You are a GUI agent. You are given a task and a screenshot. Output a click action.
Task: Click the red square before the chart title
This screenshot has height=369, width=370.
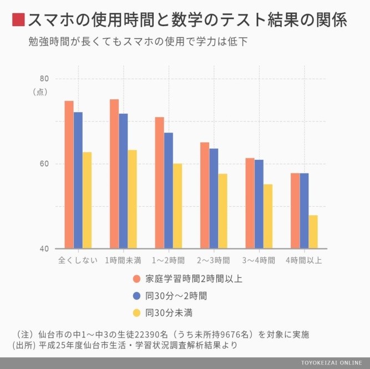click(x=18, y=21)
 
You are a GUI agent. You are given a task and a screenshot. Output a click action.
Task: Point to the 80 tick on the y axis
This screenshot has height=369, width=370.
click(x=44, y=79)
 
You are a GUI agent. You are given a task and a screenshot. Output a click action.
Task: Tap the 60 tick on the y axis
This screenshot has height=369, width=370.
click(x=44, y=164)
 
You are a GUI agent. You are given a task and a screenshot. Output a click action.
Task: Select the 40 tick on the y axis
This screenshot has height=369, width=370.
click(x=44, y=249)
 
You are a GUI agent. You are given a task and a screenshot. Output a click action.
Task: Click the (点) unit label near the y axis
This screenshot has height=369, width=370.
click(x=41, y=92)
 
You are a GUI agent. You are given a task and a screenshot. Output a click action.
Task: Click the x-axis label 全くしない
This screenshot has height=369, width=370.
click(x=78, y=260)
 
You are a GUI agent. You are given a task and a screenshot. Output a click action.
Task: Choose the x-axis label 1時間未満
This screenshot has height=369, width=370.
click(x=123, y=260)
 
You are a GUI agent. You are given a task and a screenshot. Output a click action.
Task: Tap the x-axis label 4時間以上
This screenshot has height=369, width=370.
click(x=304, y=260)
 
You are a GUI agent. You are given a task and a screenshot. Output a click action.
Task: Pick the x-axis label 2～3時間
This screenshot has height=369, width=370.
click(x=214, y=260)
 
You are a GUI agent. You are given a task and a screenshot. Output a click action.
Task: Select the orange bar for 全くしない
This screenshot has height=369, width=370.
click(x=69, y=175)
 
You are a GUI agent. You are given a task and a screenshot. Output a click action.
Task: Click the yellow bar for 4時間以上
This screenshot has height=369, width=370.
click(x=313, y=232)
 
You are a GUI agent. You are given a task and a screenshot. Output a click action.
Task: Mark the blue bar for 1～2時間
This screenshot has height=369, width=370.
click(x=169, y=191)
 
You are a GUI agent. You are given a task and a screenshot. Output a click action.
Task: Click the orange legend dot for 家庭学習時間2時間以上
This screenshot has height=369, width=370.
click(x=136, y=279)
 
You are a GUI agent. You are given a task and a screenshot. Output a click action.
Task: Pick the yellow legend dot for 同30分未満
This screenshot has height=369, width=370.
click(x=136, y=313)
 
